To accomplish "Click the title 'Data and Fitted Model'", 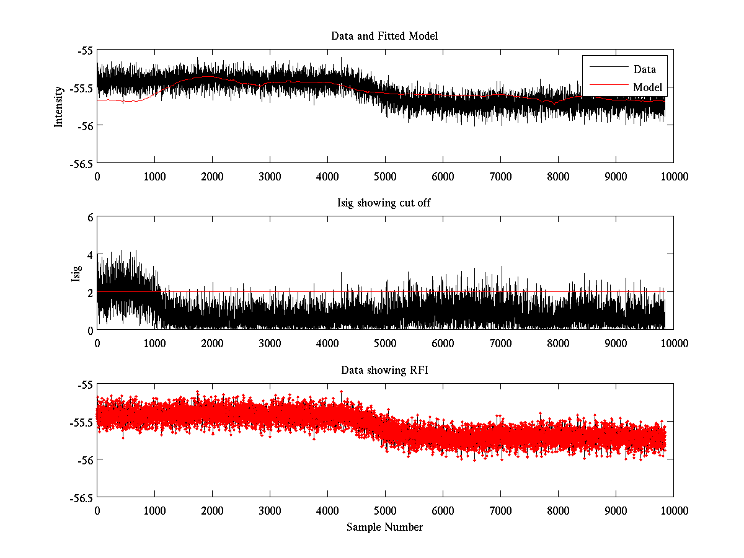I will [x=384, y=36].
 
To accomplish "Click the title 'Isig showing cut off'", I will [x=384, y=203].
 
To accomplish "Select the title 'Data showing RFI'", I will [x=384, y=370].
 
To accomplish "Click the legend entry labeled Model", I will [x=647, y=87].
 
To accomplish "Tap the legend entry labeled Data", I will [x=644, y=69].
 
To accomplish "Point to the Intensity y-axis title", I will [x=59, y=107].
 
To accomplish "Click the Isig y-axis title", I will [x=76, y=273].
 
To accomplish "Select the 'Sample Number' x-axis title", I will [x=384, y=527].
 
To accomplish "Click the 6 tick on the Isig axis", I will [x=90, y=217].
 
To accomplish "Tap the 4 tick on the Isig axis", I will [x=90, y=255].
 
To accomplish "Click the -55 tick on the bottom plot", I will [x=84, y=385].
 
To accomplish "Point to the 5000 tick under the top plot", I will [x=385, y=176].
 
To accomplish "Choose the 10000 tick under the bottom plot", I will [x=673, y=510].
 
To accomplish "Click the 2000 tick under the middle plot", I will [x=212, y=343].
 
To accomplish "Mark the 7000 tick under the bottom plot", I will [x=500, y=510].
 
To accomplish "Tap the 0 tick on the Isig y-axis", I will [x=90, y=330].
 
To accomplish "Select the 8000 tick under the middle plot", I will [x=558, y=343].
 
